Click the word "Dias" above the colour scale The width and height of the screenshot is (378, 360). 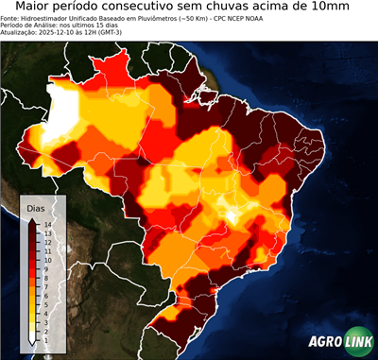click(36, 207)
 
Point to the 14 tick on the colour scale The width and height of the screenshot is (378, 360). click(45, 224)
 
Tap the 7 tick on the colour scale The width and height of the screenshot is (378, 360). click(45, 280)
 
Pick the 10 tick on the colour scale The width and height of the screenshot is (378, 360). click(45, 256)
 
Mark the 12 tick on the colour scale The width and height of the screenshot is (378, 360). click(45, 240)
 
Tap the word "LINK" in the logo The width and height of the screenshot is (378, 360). click(358, 342)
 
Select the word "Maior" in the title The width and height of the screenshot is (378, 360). click(39, 8)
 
